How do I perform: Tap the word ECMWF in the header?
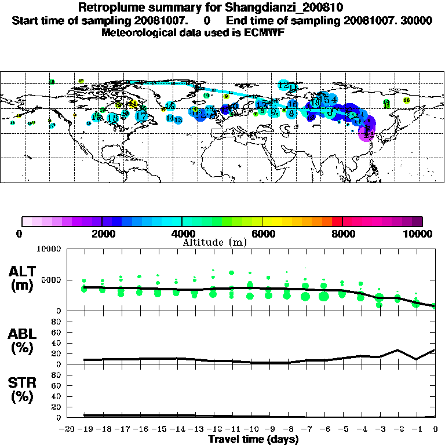pyautogui.click(x=263, y=32)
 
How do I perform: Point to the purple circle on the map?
pyautogui.click(x=366, y=134)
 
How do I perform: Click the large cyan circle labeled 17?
pyautogui.click(x=141, y=116)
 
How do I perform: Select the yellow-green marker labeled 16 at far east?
pyautogui.click(x=407, y=100)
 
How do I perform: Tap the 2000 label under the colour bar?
pyautogui.click(x=102, y=234)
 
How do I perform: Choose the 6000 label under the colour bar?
pyautogui.click(x=262, y=234)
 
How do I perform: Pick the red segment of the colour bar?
pyautogui.click(x=337, y=221)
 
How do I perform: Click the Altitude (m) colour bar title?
pyautogui.click(x=214, y=242)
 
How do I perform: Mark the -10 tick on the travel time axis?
pyautogui.click(x=250, y=428)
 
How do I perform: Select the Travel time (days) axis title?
pyautogui.click(x=253, y=439)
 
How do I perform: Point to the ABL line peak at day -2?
pyautogui.click(x=397, y=350)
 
